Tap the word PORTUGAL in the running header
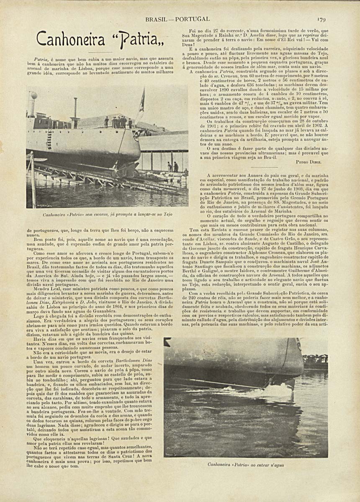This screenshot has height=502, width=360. [192, 19]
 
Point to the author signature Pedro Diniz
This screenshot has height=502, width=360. [308, 161]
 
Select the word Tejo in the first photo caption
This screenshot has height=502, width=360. [167, 215]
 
